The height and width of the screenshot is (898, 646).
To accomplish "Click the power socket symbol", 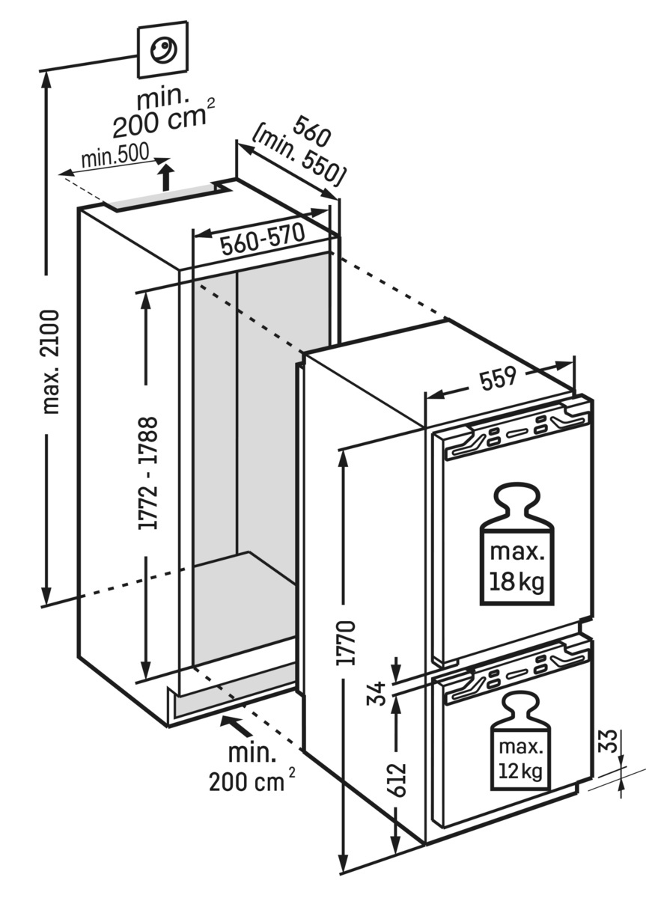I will click(x=162, y=51).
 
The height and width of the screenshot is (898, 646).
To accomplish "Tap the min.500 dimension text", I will click(x=115, y=158).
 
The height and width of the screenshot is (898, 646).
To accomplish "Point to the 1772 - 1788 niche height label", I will click(x=148, y=474).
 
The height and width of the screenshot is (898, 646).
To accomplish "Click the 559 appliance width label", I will click(x=499, y=379).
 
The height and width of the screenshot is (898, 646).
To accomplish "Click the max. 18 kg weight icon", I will click(x=517, y=546).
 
